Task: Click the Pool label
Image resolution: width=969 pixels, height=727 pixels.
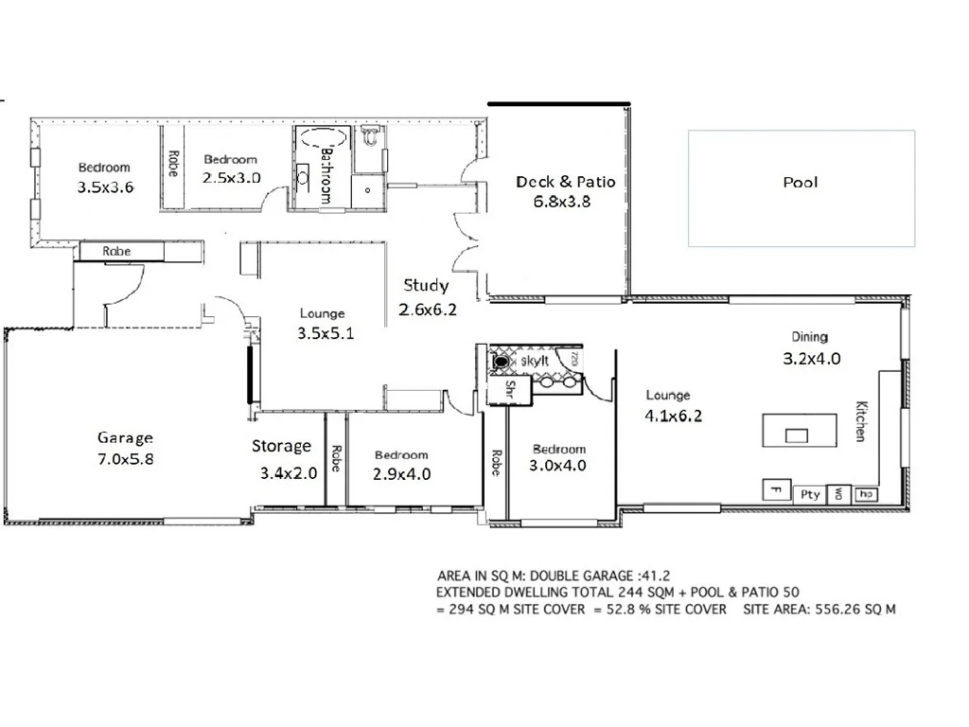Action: [800, 183]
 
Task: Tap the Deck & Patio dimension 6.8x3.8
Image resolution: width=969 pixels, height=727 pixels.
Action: [553, 201]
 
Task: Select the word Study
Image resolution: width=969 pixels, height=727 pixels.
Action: [426, 285]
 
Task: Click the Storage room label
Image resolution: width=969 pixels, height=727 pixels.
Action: [281, 446]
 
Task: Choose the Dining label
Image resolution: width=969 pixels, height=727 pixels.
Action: [810, 337]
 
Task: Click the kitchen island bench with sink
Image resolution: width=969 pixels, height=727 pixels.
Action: [800, 432]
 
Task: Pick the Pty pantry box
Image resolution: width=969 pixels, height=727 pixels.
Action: [810, 494]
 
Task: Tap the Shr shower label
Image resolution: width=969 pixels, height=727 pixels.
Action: [509, 388]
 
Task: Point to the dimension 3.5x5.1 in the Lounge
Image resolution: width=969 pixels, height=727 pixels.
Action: [326, 333]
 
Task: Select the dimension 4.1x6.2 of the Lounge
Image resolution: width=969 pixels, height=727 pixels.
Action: [675, 415]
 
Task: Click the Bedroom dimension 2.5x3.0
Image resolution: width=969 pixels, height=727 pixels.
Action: [232, 177]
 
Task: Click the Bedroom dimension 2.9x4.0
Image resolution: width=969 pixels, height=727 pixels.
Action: [402, 474]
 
